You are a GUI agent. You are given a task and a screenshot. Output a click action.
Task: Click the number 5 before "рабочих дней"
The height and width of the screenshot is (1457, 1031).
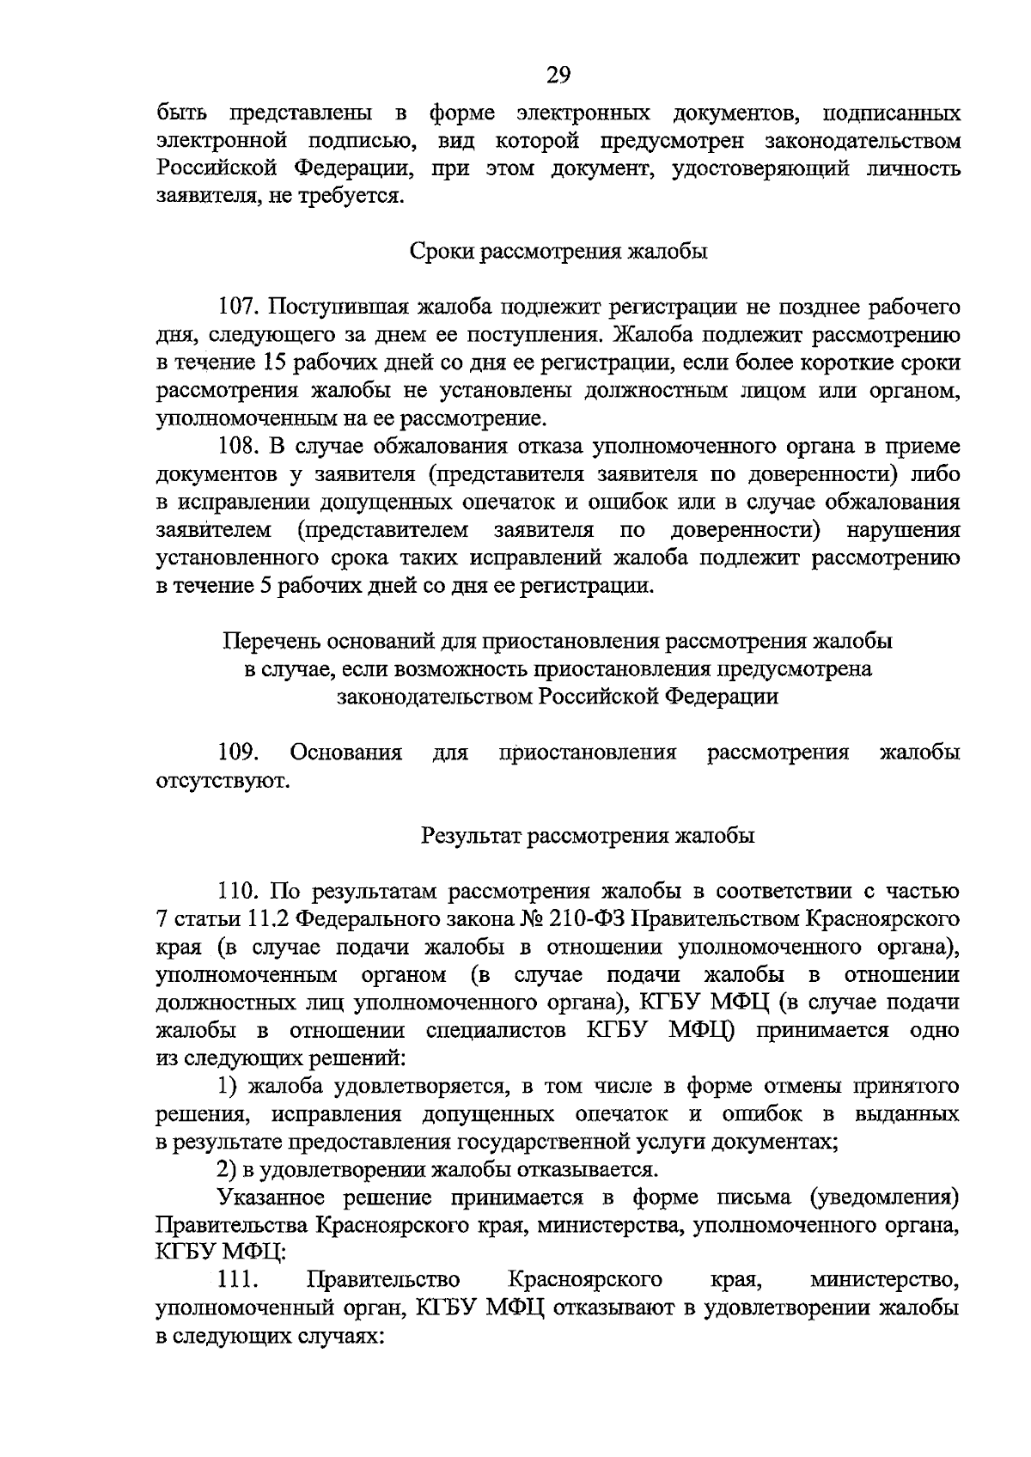point(263,587)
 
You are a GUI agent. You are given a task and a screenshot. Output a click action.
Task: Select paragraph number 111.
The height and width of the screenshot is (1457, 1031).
point(239,1281)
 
